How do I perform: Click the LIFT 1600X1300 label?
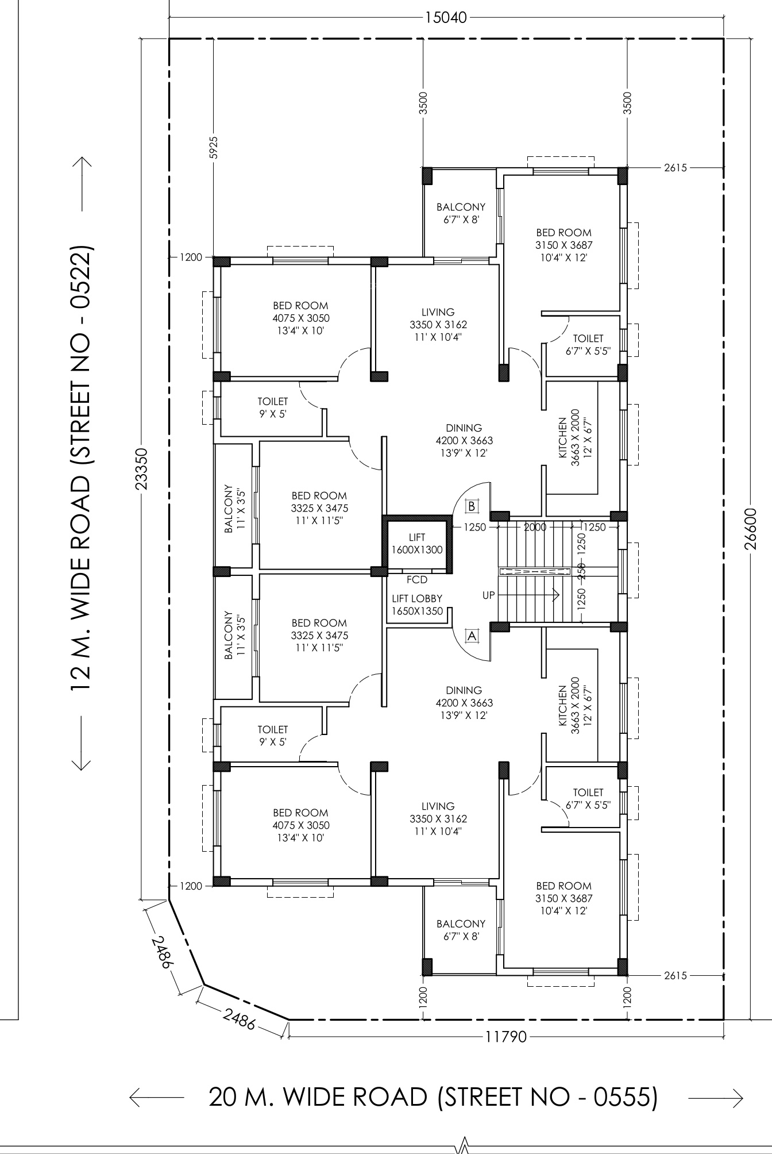(417, 544)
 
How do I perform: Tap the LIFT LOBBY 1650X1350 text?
(417, 605)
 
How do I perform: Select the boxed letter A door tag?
(472, 636)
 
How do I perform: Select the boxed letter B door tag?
(472, 506)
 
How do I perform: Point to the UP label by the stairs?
(488, 595)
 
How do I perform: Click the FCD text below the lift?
(416, 580)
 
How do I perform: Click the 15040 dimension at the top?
(446, 17)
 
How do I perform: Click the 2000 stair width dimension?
(535, 527)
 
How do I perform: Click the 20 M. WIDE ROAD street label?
(433, 1097)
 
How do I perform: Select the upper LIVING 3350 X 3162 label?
(438, 325)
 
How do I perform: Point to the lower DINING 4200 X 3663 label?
(464, 703)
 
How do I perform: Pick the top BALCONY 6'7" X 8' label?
(461, 213)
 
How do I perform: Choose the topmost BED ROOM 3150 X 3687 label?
(563, 245)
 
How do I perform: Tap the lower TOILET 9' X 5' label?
(272, 736)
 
